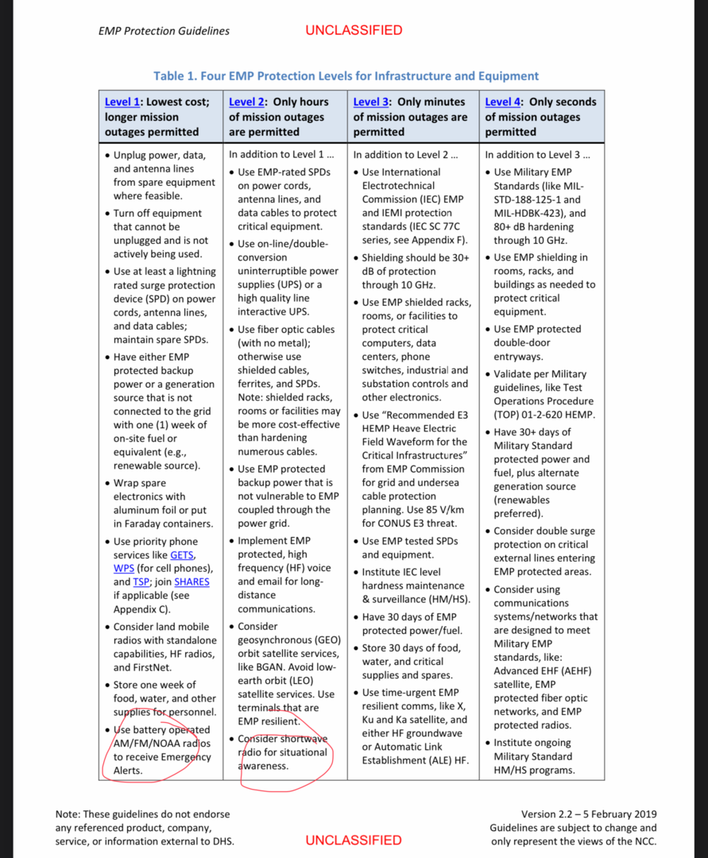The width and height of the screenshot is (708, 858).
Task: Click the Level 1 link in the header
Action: click(122, 102)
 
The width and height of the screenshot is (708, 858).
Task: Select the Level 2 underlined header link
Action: click(246, 102)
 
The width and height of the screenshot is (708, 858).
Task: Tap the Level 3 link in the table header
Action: click(371, 102)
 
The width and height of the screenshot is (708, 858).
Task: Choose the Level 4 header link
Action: click(503, 102)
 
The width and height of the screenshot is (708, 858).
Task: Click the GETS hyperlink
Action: click(182, 555)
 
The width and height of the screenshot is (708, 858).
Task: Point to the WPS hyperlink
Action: click(123, 568)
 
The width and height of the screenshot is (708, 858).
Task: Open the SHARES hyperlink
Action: click(192, 582)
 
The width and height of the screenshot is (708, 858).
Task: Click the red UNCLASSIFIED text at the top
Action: click(354, 30)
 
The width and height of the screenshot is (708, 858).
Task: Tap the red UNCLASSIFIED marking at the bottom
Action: click(354, 840)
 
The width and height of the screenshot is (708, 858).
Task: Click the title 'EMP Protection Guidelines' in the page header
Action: click(164, 31)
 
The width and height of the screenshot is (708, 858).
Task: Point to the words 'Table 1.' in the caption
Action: click(176, 76)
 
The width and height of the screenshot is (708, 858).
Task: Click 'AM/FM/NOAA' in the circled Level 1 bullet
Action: click(138, 744)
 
